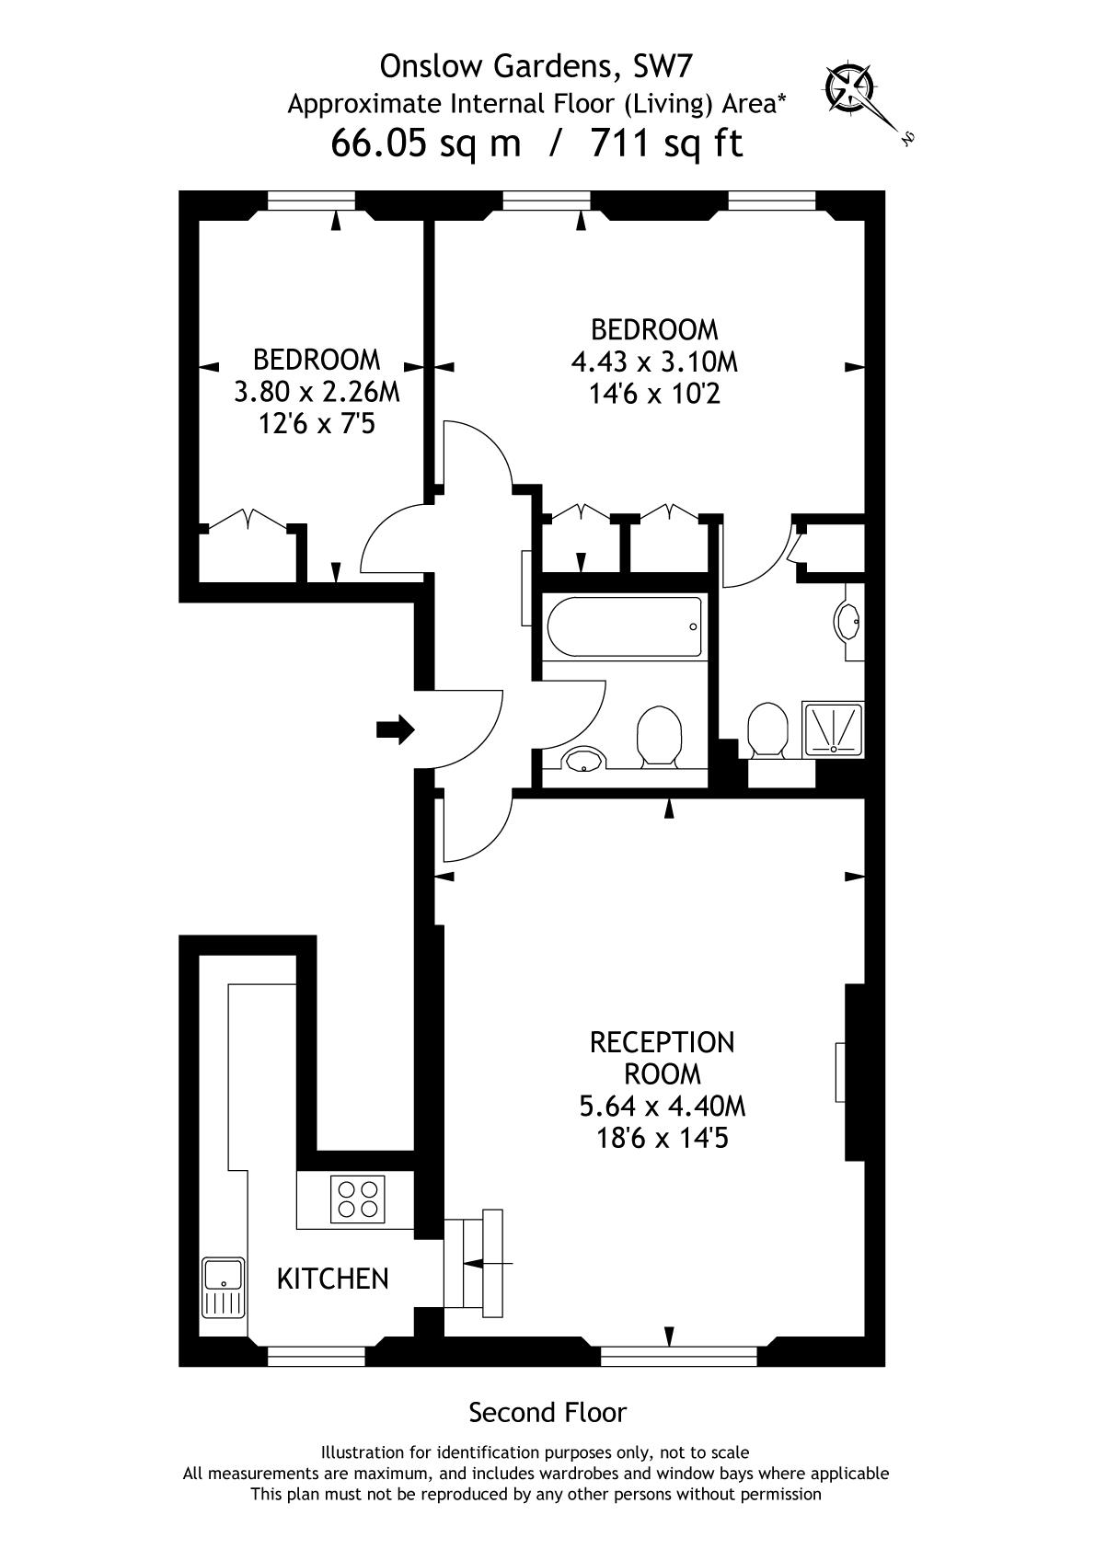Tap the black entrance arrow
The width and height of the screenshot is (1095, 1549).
(x=395, y=729)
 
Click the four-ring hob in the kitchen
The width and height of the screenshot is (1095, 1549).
(x=358, y=1199)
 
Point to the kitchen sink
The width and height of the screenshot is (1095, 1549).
(x=224, y=1287)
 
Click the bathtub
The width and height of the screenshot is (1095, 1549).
(x=625, y=626)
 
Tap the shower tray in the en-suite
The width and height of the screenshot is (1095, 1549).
(x=833, y=729)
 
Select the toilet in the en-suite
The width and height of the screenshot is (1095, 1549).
(x=767, y=731)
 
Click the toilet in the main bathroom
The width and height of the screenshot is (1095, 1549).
(x=659, y=737)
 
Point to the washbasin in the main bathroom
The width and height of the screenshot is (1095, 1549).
(x=585, y=758)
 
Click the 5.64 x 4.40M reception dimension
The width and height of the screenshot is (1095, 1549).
(x=663, y=1107)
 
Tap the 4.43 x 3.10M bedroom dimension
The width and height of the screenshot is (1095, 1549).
(x=654, y=361)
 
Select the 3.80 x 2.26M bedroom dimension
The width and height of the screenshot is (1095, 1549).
(x=317, y=392)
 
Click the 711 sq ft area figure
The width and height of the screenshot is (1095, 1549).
(x=666, y=143)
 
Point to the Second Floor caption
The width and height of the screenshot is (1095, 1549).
(x=547, y=1412)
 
